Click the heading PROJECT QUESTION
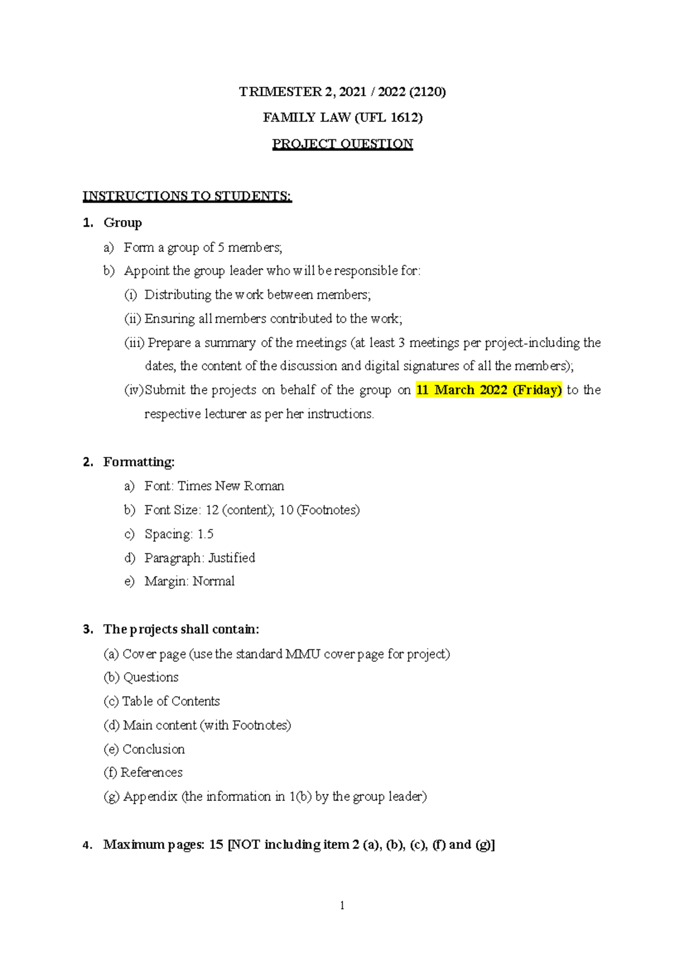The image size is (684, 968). point(342,144)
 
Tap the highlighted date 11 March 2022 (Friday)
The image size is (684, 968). point(489,390)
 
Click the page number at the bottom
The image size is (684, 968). point(342,905)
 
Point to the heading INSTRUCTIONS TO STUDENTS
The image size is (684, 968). point(187,196)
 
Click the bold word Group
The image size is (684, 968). point(123,222)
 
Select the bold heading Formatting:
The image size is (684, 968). point(139,462)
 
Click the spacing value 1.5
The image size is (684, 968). point(205,534)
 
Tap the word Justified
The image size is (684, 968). point(231,558)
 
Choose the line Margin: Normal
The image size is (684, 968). point(189,581)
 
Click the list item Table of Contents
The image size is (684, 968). point(171,701)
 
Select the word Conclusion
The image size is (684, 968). point(154,749)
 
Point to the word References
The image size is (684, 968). point(152,772)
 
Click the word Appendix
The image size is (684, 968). point(150,796)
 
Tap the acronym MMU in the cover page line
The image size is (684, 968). point(303,654)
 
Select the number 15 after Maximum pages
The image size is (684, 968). point(216,844)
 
